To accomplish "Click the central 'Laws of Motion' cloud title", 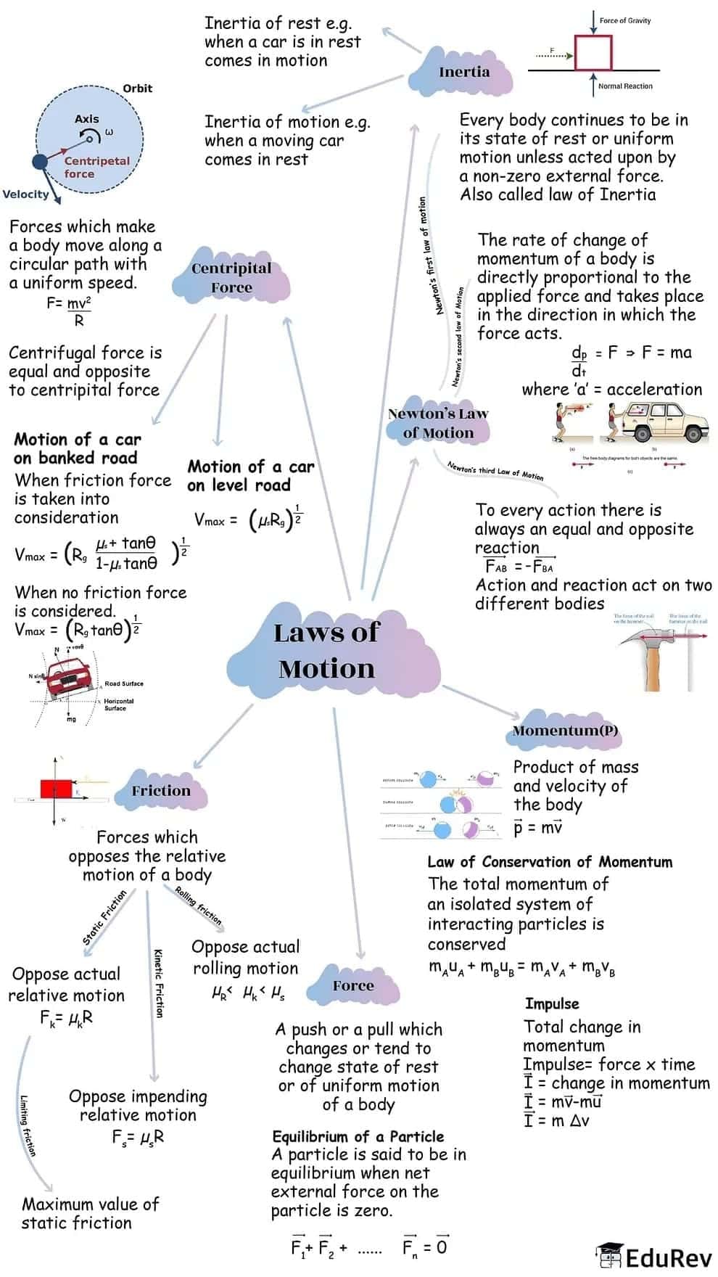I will click(326, 650).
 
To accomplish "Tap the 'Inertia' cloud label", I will click(464, 72).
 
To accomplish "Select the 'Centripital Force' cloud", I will click(231, 278).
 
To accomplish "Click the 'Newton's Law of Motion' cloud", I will click(438, 423).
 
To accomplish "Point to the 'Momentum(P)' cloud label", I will click(565, 731).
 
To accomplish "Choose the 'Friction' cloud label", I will click(161, 791).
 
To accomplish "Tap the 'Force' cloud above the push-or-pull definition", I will click(353, 985).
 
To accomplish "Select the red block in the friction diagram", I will click(56, 789).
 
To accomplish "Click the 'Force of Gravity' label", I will click(624, 20).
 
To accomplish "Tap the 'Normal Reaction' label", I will click(624, 86).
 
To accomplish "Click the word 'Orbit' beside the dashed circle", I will click(137, 89).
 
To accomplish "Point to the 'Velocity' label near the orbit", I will click(25, 194).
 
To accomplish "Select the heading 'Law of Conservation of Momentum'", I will click(550, 862).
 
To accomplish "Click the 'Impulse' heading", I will click(552, 1003).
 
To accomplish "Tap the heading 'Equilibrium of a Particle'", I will click(358, 1136).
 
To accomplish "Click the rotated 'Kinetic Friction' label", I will click(158, 982).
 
